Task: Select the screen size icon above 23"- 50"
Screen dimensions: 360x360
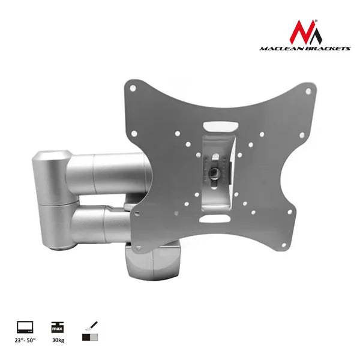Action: tap(25, 327)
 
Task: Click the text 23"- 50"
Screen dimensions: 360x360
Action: tap(25, 340)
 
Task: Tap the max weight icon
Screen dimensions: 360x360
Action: tap(58, 327)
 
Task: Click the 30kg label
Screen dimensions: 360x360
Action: tap(58, 340)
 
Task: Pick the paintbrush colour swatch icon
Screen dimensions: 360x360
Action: tap(90, 331)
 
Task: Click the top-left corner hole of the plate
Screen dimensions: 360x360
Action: tap(133, 88)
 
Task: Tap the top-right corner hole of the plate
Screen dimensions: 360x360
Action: tap(308, 91)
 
